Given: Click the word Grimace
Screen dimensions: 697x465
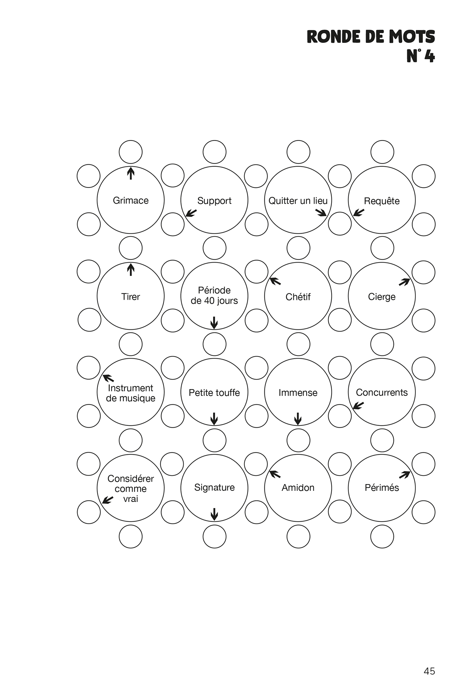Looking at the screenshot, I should click(x=131, y=200).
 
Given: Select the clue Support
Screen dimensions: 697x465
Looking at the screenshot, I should click(x=214, y=201).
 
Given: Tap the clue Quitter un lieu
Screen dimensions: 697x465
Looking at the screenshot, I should click(x=298, y=201).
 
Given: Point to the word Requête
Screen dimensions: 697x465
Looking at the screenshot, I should click(x=381, y=201).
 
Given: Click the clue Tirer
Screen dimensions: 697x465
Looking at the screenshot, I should click(x=131, y=297).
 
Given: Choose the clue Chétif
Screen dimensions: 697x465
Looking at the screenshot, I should click(x=298, y=297).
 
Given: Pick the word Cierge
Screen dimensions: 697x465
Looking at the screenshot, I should click(x=381, y=297).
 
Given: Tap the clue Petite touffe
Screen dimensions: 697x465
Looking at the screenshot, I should click(x=214, y=393).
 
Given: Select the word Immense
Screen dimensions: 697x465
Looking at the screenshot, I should click(x=298, y=393).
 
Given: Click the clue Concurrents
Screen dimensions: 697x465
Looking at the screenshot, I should click(x=381, y=392).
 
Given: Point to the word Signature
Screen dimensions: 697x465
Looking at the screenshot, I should click(x=214, y=487).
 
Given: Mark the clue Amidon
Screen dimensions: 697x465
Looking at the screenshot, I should click(x=298, y=488).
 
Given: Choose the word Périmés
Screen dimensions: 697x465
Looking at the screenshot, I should click(x=381, y=488).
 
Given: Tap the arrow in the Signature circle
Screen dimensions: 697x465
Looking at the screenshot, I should click(x=214, y=514).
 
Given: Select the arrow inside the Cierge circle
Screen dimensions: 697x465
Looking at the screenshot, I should click(x=404, y=282).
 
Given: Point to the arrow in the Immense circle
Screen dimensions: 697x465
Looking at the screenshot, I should click(x=298, y=419).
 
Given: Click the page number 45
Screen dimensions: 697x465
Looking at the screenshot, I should click(x=429, y=671).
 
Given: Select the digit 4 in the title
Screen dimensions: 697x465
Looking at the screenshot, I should click(x=429, y=56).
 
